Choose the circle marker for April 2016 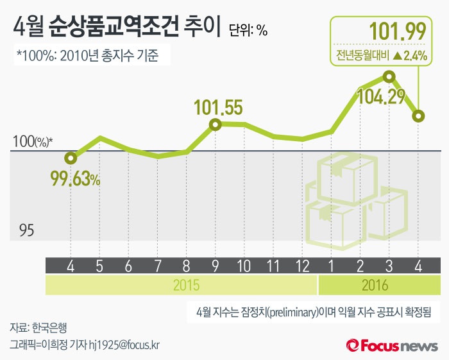tap(418, 116)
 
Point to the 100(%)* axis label tap(33, 142)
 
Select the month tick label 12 tap(303, 265)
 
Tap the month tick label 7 tap(158, 265)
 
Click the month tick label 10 tap(244, 265)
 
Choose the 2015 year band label tap(186, 284)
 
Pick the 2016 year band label tap(375, 284)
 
